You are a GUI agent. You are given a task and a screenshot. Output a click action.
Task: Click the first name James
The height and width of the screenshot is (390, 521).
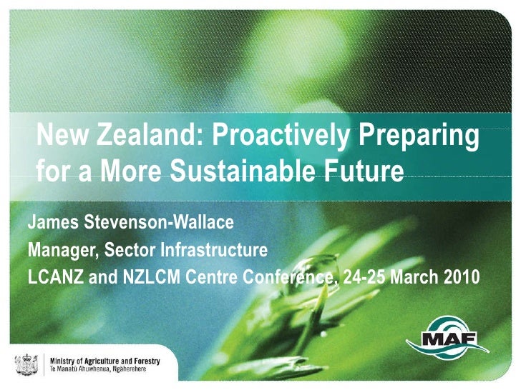coord(54,224)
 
